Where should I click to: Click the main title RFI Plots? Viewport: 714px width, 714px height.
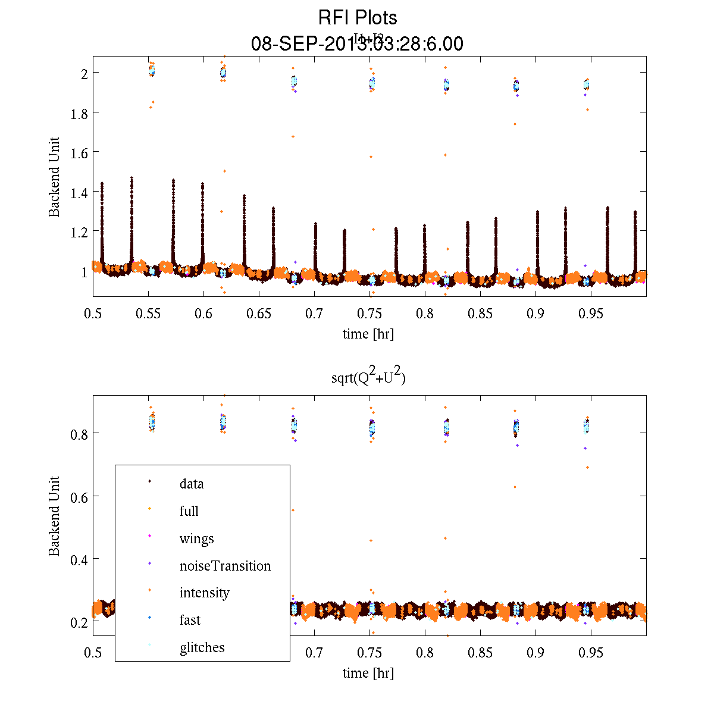(357, 17)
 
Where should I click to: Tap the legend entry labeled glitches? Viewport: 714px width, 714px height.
(202, 647)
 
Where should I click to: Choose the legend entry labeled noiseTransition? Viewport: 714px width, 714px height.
(225, 566)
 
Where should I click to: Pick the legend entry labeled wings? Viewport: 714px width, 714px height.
(196, 538)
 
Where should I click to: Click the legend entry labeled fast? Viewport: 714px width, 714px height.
(190, 620)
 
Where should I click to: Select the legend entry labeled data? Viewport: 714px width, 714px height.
(192, 484)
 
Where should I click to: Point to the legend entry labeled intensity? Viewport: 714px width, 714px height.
(204, 593)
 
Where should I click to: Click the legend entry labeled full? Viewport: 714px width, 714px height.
(189, 511)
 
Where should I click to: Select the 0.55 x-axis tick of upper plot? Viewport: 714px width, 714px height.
(148, 314)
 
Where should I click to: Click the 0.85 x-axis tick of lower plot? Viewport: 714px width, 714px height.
(480, 653)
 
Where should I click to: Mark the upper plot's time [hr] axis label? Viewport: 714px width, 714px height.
(368, 334)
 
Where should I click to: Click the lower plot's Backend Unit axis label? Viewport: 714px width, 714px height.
(54, 516)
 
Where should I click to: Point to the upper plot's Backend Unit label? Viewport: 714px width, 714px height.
(54, 177)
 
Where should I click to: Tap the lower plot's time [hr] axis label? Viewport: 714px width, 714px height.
(368, 673)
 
